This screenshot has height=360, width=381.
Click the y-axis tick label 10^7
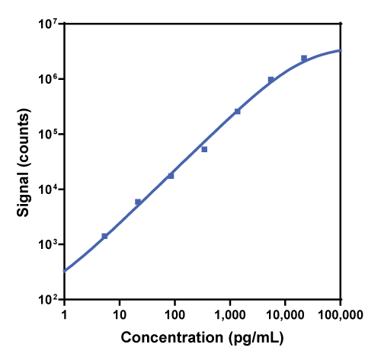[x=50, y=24]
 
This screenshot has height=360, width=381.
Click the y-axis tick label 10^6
[x=50, y=79]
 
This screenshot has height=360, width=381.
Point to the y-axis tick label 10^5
[x=50, y=135]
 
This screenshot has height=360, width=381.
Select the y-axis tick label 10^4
[x=50, y=190]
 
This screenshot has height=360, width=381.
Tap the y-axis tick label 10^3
[x=50, y=244]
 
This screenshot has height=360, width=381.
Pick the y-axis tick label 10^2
[x=50, y=300]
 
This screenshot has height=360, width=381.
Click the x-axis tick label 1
[x=64, y=314]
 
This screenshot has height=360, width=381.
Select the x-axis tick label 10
[x=120, y=314]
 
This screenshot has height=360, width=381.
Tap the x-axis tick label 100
[x=174, y=314]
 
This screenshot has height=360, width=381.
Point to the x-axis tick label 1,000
[x=230, y=314]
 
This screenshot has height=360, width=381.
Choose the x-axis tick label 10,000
[x=285, y=314]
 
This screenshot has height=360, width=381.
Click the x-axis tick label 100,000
[x=340, y=314]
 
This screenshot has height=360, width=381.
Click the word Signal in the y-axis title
[x=24, y=182]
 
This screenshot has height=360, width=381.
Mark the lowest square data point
[x=104, y=236]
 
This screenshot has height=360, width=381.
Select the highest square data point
[x=304, y=58]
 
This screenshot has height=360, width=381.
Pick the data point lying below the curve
[x=204, y=149]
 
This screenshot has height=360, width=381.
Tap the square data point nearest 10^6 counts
[x=271, y=80]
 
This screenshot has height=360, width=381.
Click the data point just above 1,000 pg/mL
[x=238, y=111]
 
